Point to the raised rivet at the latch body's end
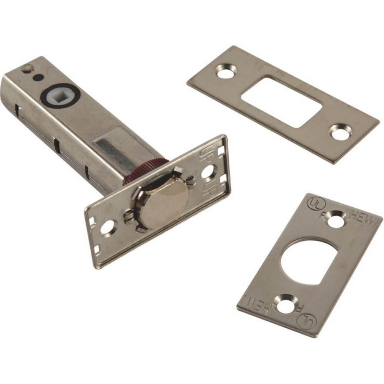click(x=26, y=68)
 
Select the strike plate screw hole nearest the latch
click(x=226, y=71)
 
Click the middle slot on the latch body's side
click(x=57, y=145)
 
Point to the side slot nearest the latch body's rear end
click(x=18, y=111)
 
